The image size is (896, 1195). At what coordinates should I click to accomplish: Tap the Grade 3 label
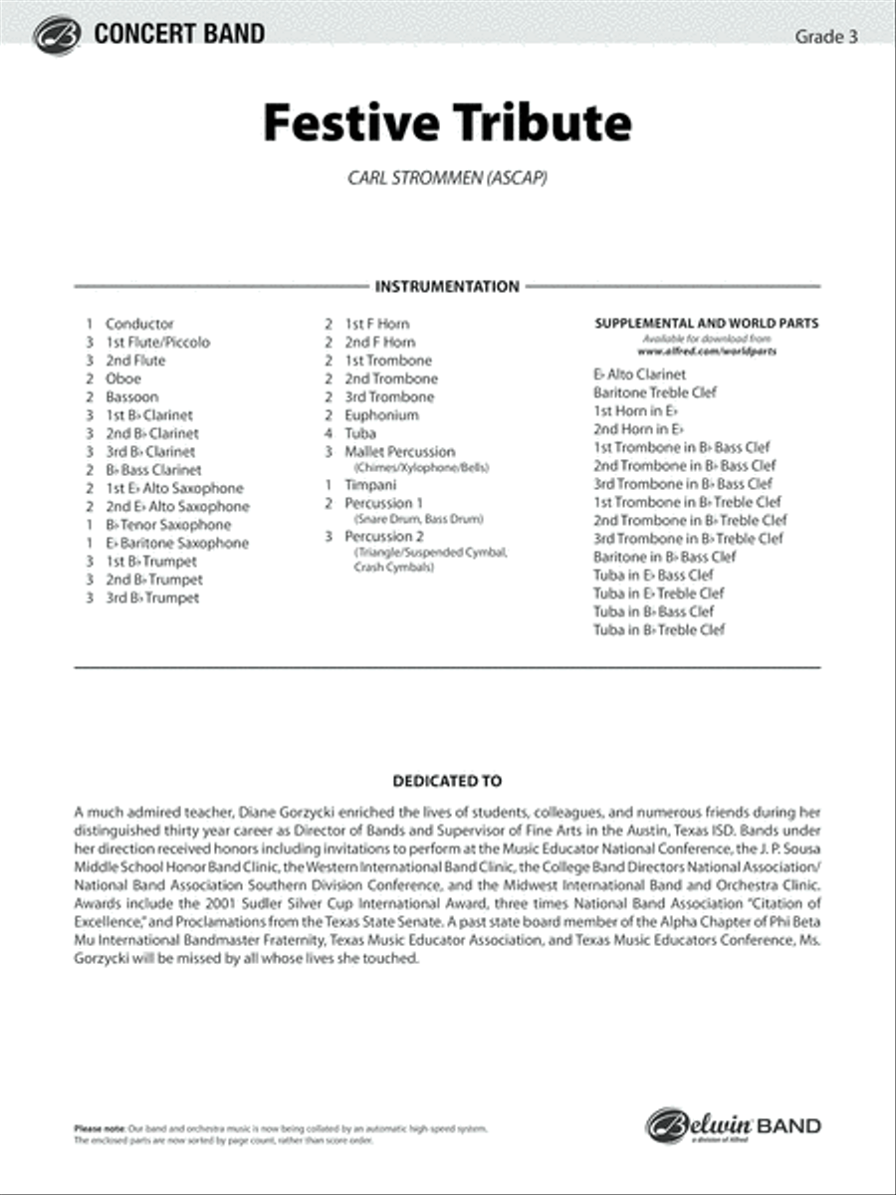(826, 38)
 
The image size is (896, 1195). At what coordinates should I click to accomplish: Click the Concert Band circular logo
(56, 36)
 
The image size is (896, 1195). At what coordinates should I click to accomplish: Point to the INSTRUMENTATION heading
(447, 287)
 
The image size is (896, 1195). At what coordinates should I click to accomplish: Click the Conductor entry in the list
(139, 324)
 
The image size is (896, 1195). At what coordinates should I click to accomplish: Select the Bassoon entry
(131, 396)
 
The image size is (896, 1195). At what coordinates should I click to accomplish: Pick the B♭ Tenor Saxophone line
(168, 525)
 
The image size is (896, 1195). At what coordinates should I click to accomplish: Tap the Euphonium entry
(381, 415)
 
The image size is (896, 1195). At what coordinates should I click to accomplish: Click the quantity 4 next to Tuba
(328, 433)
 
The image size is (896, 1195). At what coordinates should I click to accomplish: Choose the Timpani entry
(370, 483)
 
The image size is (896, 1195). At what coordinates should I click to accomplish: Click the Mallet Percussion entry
(399, 452)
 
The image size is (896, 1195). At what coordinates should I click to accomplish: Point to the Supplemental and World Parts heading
(706, 324)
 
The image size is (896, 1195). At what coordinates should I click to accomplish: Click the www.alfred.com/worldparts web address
(706, 352)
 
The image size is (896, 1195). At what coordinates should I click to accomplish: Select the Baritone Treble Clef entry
(655, 392)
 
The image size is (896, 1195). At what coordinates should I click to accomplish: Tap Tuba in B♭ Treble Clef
(659, 629)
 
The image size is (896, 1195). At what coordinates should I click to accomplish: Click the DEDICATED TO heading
(447, 782)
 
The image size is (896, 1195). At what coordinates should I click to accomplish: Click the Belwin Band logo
(734, 1126)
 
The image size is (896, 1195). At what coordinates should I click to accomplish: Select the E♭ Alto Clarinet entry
(639, 374)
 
